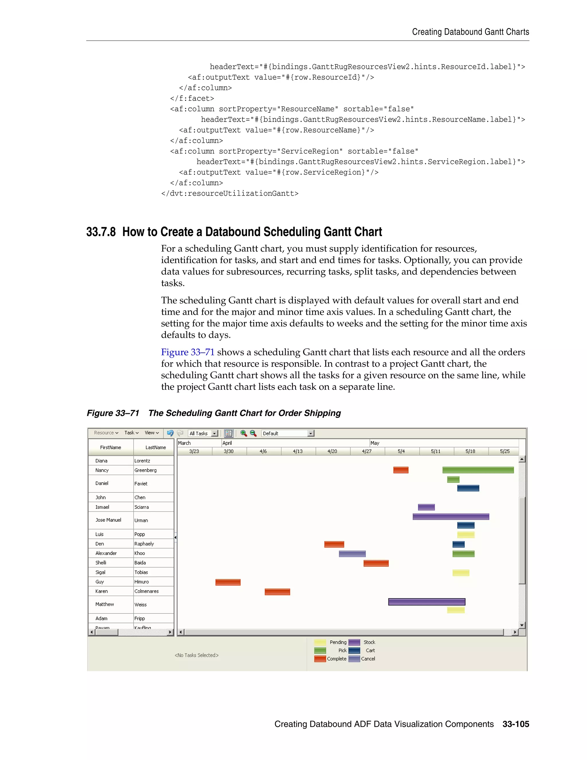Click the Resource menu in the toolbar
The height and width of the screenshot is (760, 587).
click(x=106, y=432)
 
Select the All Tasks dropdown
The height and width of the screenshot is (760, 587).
click(x=203, y=433)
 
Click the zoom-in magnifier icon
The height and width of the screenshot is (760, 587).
click(x=243, y=433)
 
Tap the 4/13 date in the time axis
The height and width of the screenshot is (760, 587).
click(x=298, y=451)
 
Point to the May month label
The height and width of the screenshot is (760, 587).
click(x=375, y=443)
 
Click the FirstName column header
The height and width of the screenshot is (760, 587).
click(x=111, y=447)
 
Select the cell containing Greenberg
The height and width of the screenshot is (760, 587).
click(x=146, y=470)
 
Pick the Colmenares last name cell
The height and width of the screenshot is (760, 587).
click(x=146, y=591)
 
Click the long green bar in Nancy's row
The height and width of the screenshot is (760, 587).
click(x=478, y=470)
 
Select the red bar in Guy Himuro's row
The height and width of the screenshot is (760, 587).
click(x=228, y=582)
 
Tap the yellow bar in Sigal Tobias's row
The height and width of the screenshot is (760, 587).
click(x=461, y=573)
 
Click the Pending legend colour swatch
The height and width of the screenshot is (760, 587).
click(x=320, y=642)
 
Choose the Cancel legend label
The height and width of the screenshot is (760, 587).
click(x=368, y=659)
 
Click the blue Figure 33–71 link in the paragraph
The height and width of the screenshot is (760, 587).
click(x=187, y=352)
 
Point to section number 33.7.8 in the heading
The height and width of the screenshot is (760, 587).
click(x=101, y=232)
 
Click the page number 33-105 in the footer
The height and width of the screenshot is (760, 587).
click(x=515, y=724)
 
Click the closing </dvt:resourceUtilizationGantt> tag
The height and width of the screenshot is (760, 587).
click(x=230, y=194)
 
